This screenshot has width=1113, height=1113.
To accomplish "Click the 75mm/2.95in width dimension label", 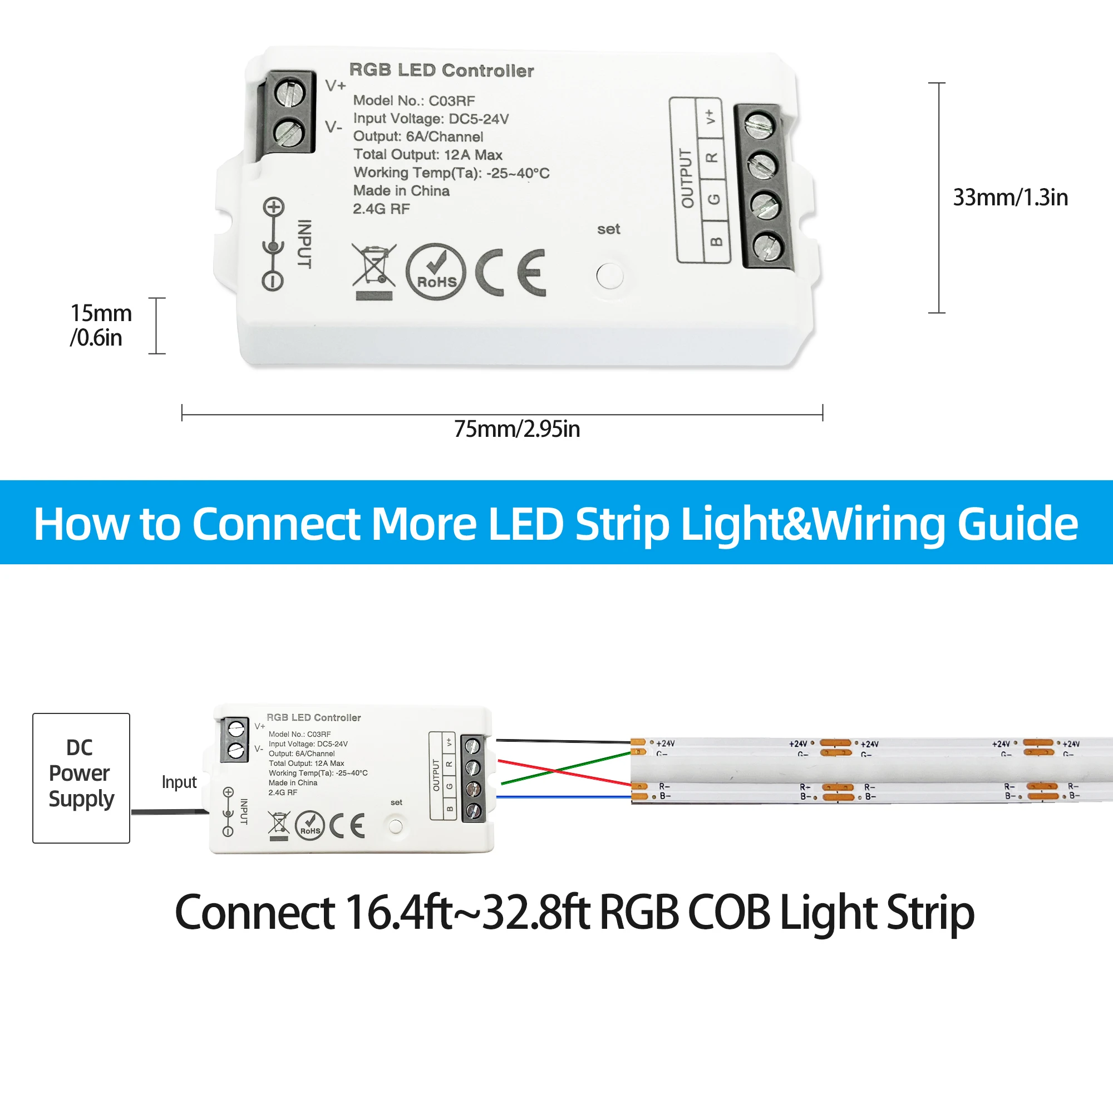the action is pyautogui.click(x=517, y=429).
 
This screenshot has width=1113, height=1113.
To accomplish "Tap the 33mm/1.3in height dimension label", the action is pyautogui.click(x=1010, y=198).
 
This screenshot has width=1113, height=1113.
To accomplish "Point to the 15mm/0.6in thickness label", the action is pyautogui.click(x=100, y=326).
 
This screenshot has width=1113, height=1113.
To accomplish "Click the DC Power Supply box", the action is pyautogui.click(x=81, y=778).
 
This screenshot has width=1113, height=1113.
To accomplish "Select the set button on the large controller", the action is pyautogui.click(x=609, y=276).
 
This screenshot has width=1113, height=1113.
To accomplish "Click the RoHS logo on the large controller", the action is pyautogui.click(x=436, y=272).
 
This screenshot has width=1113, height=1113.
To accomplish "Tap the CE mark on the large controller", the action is pyautogui.click(x=510, y=273).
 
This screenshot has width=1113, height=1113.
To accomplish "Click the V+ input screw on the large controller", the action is pyautogui.click(x=289, y=93).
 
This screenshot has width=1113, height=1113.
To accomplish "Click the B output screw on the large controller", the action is pyautogui.click(x=767, y=247).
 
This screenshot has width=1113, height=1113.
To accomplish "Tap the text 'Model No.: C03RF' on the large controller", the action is pyautogui.click(x=413, y=101).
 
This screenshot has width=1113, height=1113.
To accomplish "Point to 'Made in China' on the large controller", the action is pyautogui.click(x=401, y=191).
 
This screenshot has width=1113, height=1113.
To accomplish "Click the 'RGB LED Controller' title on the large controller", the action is pyautogui.click(x=441, y=70).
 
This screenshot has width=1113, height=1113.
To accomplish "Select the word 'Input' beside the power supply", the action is pyautogui.click(x=179, y=782).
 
